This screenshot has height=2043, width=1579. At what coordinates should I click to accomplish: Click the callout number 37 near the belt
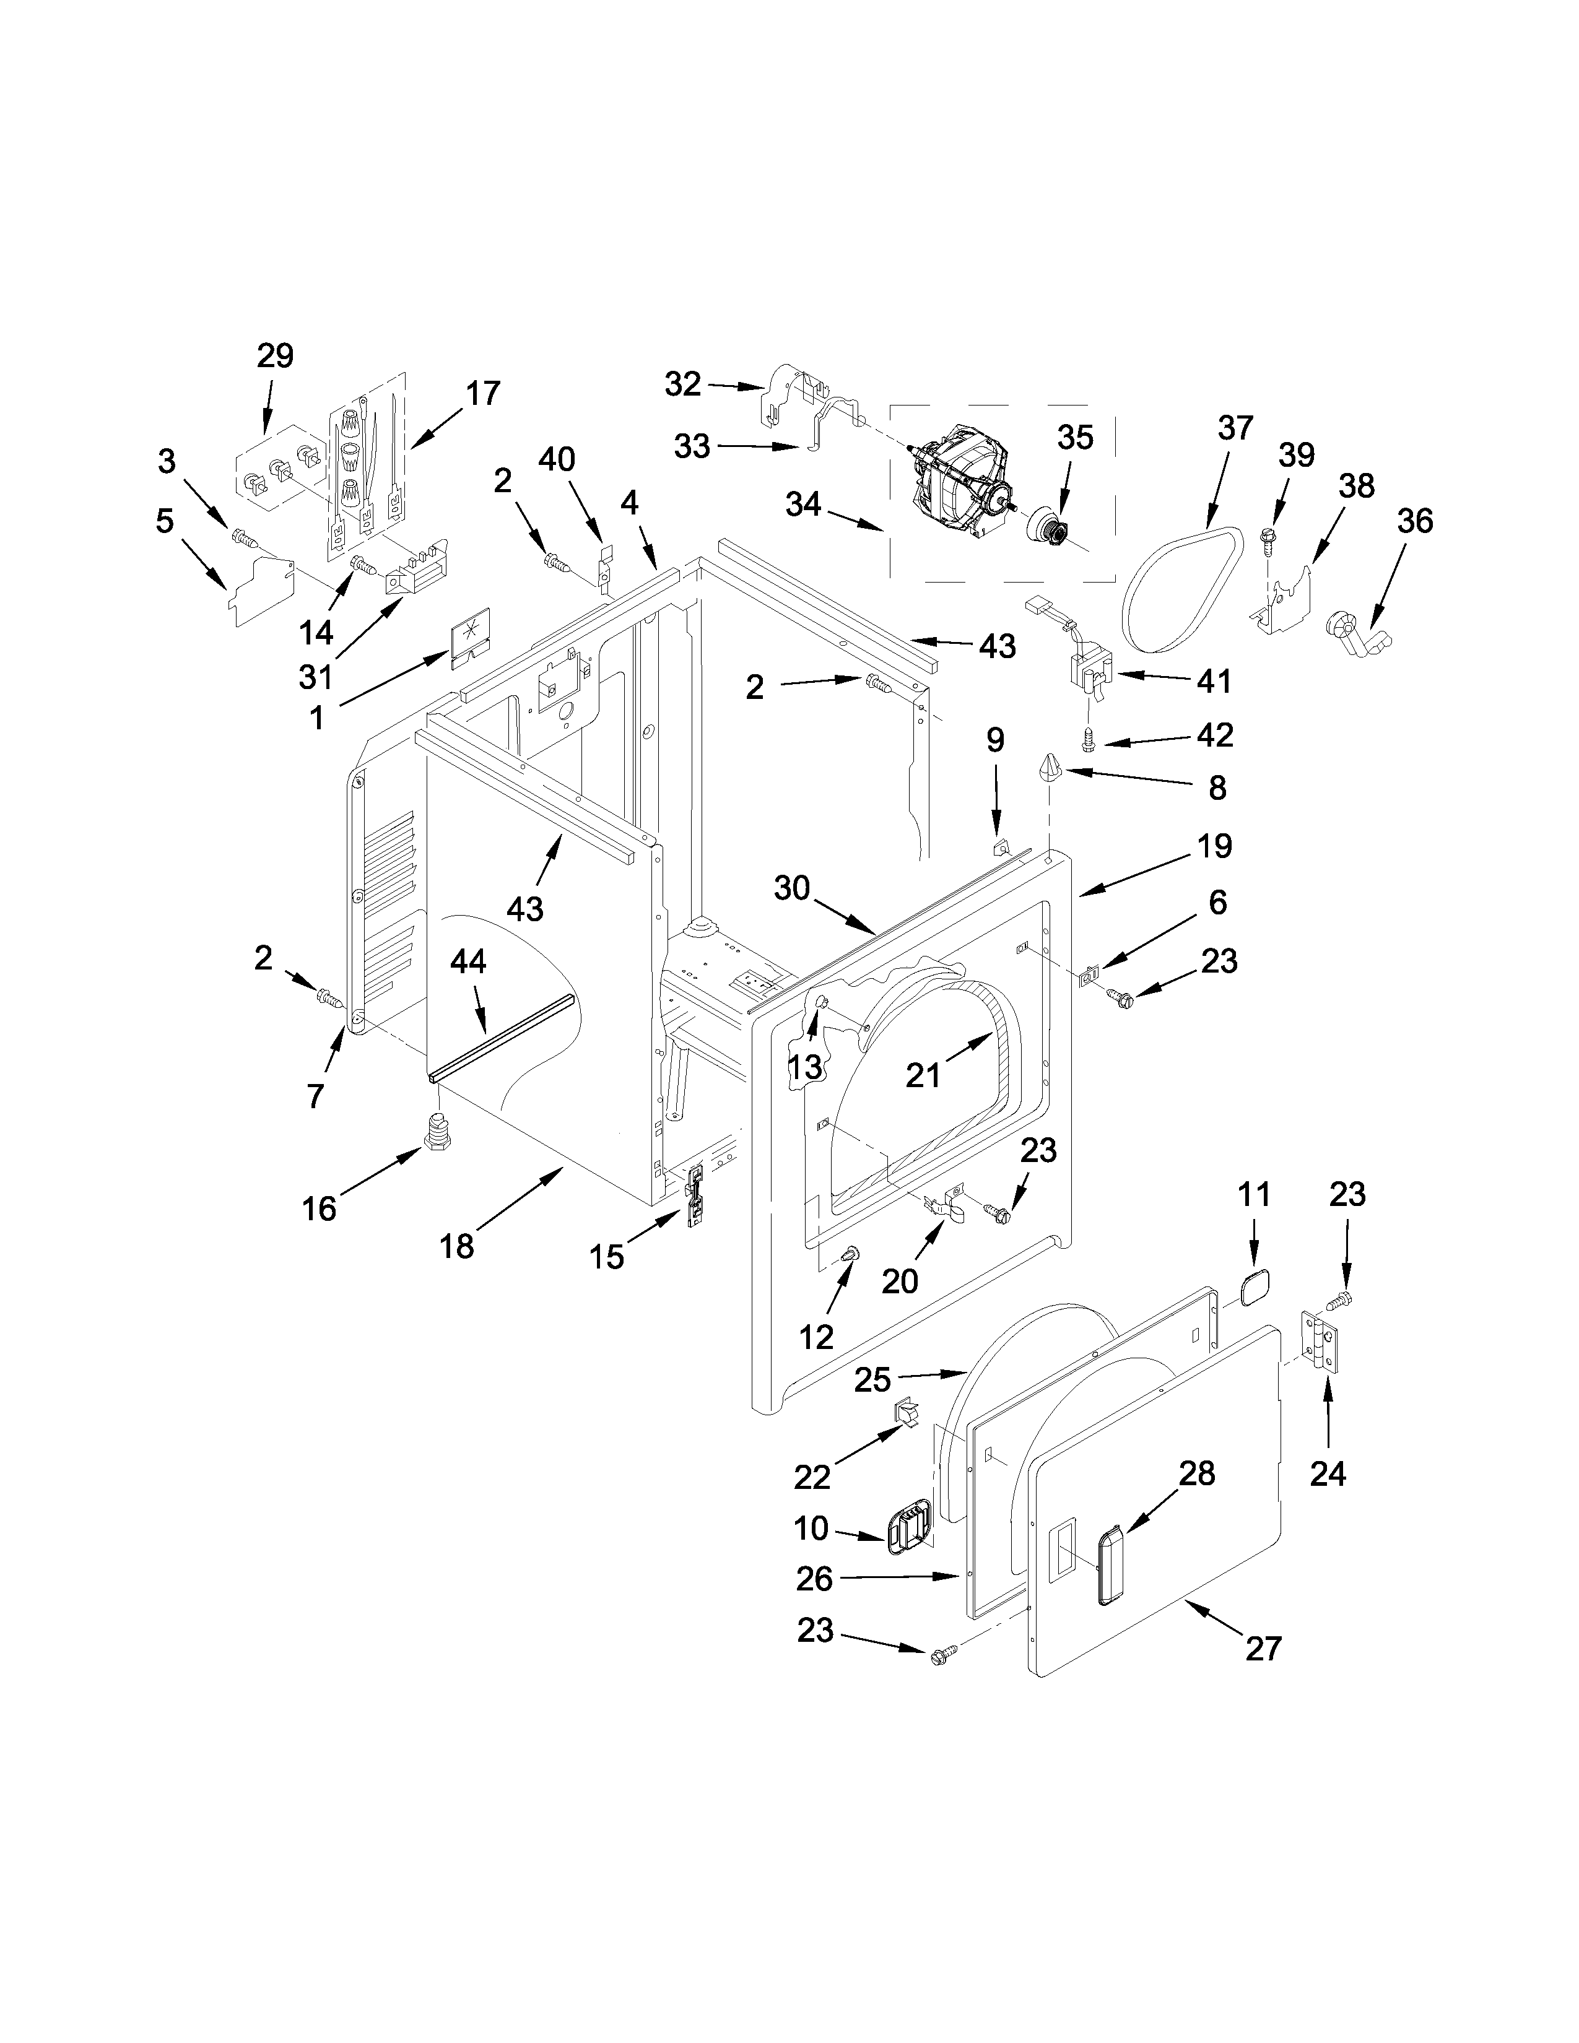coord(1235,428)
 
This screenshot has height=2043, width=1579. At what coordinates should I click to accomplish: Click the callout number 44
coord(469,961)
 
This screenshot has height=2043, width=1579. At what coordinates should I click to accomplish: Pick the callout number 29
coord(275,357)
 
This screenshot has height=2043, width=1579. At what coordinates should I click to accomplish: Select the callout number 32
coord(683,384)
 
